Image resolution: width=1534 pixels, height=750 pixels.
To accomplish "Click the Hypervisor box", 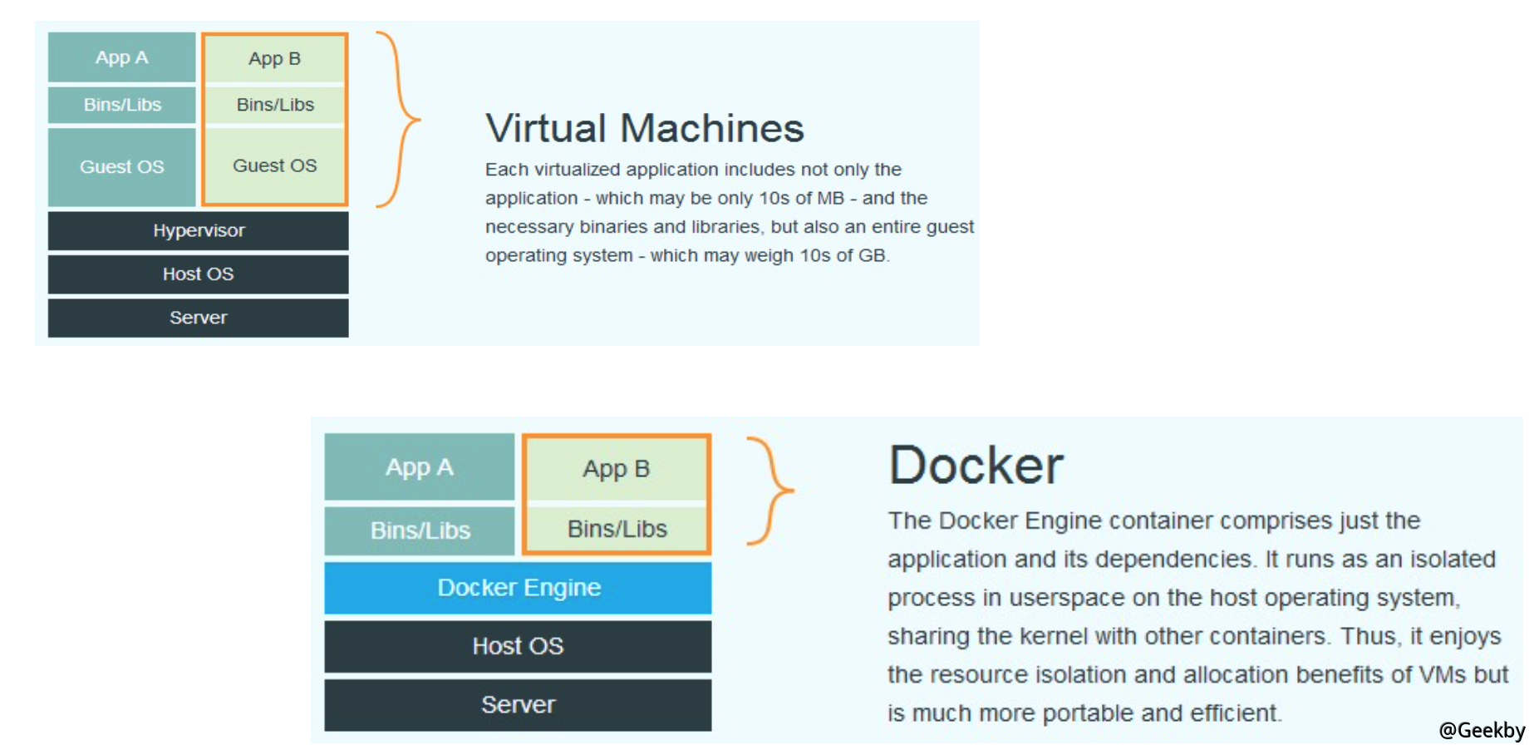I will [x=198, y=230].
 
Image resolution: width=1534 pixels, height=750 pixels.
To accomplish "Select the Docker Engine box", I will [x=518, y=588].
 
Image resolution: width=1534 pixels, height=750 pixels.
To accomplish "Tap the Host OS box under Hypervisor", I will [x=198, y=274].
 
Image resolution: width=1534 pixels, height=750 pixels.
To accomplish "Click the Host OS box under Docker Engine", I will [x=518, y=646].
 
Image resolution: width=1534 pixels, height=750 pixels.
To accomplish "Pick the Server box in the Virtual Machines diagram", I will [x=198, y=318].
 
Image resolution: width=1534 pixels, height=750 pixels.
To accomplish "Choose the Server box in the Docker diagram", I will [x=518, y=705].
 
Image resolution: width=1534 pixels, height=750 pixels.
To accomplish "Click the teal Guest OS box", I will [x=121, y=166].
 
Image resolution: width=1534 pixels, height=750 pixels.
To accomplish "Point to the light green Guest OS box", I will [x=274, y=165].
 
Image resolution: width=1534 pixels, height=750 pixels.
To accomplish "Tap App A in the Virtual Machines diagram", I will [x=121, y=57].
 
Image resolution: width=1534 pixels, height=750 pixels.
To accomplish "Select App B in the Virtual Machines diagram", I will [x=274, y=59].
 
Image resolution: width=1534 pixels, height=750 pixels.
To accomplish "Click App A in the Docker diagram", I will [x=419, y=467].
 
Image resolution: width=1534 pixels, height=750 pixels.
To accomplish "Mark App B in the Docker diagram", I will [x=616, y=469].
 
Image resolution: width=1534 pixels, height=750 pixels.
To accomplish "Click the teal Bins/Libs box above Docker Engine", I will [x=419, y=530].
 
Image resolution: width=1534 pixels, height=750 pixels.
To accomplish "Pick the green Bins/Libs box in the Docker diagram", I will [x=617, y=529].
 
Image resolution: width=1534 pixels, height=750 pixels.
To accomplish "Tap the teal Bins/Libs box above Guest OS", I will [x=121, y=105].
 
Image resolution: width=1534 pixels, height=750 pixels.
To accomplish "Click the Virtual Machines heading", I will [x=645, y=128].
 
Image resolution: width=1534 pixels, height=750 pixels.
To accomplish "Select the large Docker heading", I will [x=976, y=465].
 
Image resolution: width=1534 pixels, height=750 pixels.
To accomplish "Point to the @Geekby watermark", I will [x=1482, y=730].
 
